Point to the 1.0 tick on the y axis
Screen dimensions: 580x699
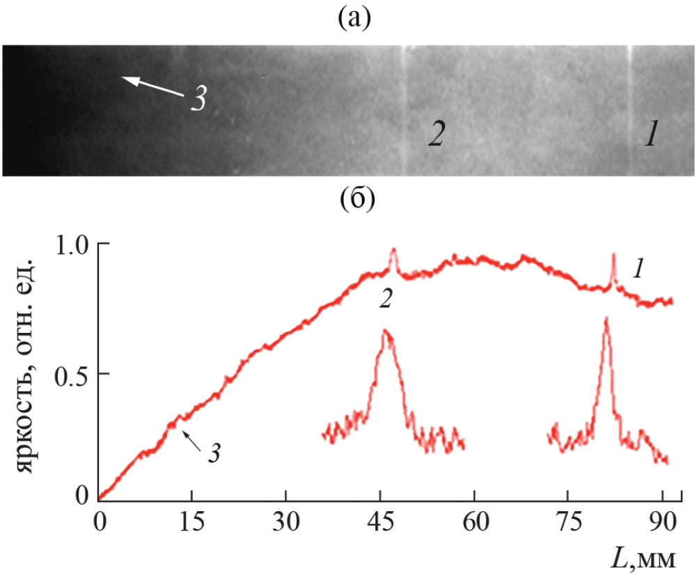click(70, 245)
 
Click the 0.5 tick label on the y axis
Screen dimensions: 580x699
click(70, 373)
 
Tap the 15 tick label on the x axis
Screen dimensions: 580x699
click(191, 523)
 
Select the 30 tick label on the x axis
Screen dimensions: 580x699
click(285, 523)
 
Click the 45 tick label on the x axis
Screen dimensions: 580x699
click(380, 523)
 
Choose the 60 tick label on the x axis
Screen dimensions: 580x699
click(474, 523)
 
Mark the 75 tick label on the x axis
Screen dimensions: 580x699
click(568, 523)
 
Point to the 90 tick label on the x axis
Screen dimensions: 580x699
click(660, 523)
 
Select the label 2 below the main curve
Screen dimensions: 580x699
click(385, 299)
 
